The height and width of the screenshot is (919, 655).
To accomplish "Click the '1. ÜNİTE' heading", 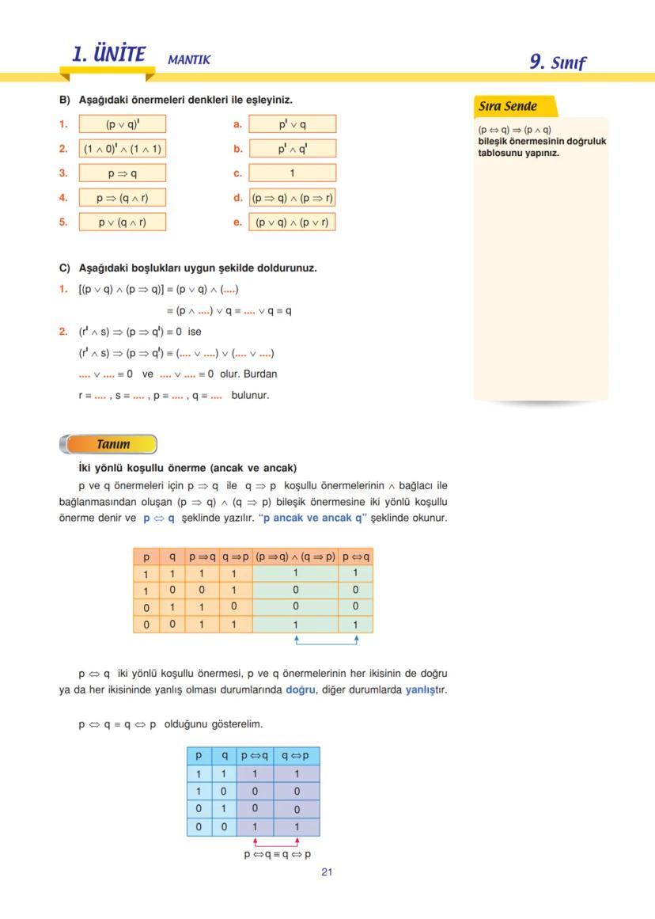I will tap(108, 55).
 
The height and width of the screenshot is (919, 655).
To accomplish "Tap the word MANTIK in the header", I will tap(189, 59).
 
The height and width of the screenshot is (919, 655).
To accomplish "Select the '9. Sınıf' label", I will tap(558, 62).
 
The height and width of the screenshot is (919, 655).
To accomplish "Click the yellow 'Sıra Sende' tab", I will tap(509, 106).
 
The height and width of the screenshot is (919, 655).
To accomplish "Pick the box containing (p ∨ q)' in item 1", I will tap(123, 124).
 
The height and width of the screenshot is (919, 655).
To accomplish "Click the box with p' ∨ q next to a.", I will tap(292, 124).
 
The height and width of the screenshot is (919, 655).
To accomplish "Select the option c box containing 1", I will tap(292, 173).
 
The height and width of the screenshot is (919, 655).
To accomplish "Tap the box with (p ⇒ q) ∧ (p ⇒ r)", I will tap(292, 198).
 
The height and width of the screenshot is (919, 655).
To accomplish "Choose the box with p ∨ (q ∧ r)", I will tap(123, 222).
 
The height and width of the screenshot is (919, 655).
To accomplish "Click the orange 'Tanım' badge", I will tap(113, 444).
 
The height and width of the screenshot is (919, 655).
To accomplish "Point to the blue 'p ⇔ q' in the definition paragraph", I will tap(159, 518).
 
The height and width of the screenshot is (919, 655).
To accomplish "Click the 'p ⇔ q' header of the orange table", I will tap(355, 556).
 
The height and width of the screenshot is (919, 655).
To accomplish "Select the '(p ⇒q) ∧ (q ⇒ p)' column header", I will tap(295, 556).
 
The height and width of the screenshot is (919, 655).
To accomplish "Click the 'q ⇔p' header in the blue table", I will tap(296, 755).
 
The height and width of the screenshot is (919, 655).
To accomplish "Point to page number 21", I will tap(327, 872).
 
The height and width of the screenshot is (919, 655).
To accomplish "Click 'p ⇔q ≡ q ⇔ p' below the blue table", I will tap(277, 854).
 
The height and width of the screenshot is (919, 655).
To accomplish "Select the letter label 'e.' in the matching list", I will tap(237, 222).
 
